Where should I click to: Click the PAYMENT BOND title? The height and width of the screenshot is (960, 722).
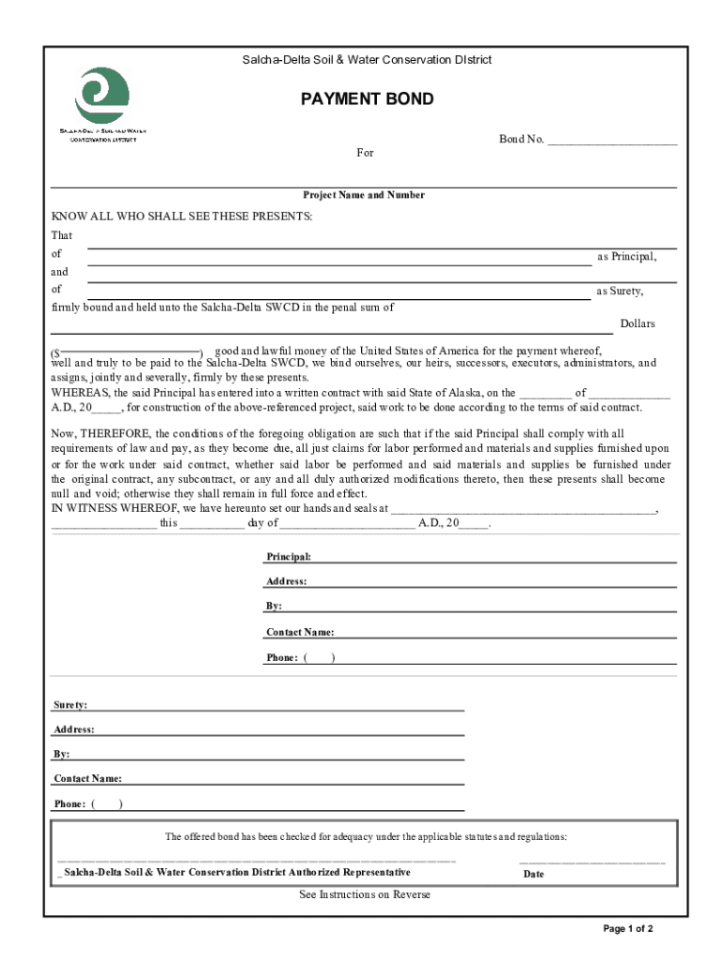pos(367,99)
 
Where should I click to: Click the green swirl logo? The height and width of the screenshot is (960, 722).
pos(102,95)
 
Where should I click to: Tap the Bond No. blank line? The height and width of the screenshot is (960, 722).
pos(611,141)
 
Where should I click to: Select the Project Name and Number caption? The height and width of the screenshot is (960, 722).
pos(363,195)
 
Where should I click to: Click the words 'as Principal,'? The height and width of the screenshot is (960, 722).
pos(626,256)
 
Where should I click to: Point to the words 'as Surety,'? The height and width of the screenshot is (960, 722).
pos(620,291)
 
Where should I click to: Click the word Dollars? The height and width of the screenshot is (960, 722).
pos(638,323)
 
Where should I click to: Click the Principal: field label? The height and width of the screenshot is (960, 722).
pos(289,557)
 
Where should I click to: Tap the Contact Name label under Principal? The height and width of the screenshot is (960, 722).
pos(300,632)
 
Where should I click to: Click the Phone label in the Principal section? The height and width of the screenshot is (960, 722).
pos(282,658)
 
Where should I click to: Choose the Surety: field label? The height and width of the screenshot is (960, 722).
pos(71,704)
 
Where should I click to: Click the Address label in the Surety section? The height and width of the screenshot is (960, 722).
pos(74,729)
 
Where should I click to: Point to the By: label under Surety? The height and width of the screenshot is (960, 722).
pos(62,754)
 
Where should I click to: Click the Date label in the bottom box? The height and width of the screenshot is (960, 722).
pos(534,874)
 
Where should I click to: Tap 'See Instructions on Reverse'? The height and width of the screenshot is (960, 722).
pos(365,894)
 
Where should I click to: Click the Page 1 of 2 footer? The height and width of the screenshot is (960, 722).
pos(627,929)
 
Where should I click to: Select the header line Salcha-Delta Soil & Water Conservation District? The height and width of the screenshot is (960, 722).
pos(367,60)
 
